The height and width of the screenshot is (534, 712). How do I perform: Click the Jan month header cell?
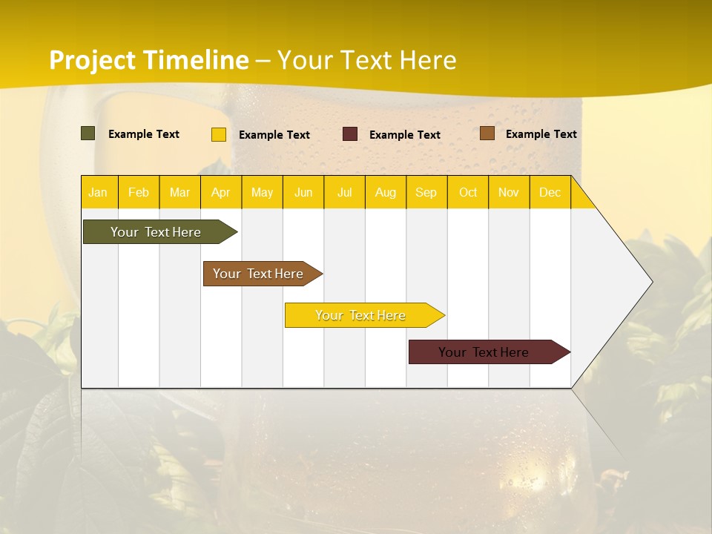pos(99,193)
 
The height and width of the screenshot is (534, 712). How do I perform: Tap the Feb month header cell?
pos(139,193)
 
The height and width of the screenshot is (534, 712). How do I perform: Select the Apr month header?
pos(221,193)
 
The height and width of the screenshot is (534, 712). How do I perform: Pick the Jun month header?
pos(303,193)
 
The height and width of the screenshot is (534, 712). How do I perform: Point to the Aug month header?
pos(386,193)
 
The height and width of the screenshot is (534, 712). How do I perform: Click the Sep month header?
pos(426,193)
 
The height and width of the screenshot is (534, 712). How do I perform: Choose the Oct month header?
pos(468,193)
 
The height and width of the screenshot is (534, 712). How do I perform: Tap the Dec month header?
pos(550,193)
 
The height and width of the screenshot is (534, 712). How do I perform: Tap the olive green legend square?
pos(88,133)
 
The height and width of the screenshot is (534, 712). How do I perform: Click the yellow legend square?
pos(219,134)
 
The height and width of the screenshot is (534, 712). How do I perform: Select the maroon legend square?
pos(350,134)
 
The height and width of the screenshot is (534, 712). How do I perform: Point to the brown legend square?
pos(487,133)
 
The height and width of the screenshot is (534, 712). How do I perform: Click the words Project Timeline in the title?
pos(149,60)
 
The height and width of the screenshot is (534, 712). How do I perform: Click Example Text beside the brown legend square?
pos(541,134)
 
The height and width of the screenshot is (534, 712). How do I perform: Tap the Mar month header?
pos(179,193)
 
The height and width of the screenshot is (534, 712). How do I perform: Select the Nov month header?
pos(509,193)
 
